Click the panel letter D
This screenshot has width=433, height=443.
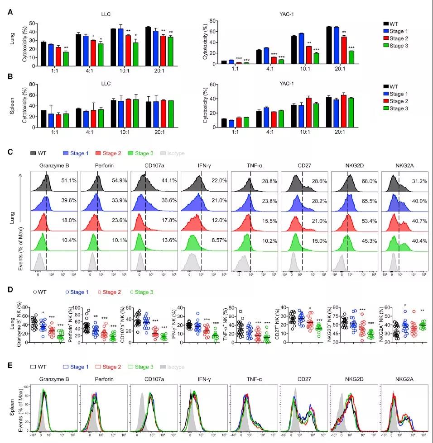pos(10,292)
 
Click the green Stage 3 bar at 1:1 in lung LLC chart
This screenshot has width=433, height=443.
pos(66,58)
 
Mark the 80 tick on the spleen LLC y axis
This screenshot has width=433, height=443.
pos(33,84)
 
